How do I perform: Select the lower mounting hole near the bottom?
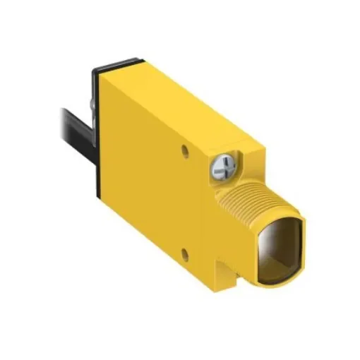coord(185,252)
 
